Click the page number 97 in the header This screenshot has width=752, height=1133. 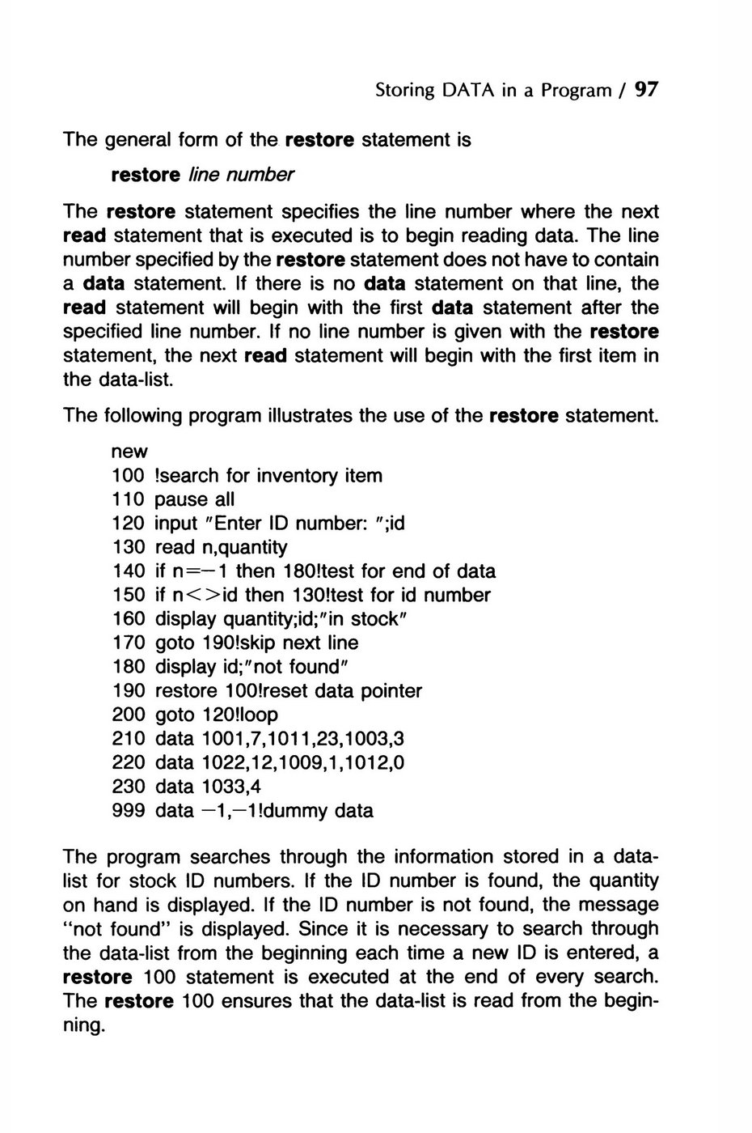[x=647, y=90]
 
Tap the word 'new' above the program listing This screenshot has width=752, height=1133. [x=129, y=452]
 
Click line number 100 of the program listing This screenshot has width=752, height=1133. [x=129, y=476]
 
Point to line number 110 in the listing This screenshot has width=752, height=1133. [x=129, y=499]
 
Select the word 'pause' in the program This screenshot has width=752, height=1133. [x=180, y=499]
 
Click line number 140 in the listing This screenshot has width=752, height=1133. [x=129, y=571]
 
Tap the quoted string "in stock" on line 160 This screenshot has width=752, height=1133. [x=354, y=619]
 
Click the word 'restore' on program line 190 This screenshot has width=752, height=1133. [x=185, y=691]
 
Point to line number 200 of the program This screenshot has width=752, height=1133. [x=129, y=715]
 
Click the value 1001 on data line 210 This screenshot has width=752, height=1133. [x=220, y=739]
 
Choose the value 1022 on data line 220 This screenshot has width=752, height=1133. [x=220, y=762]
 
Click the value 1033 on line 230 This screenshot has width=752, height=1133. [x=220, y=787]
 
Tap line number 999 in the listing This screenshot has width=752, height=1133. [x=129, y=810]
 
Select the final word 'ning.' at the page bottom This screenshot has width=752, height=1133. [x=84, y=1026]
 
